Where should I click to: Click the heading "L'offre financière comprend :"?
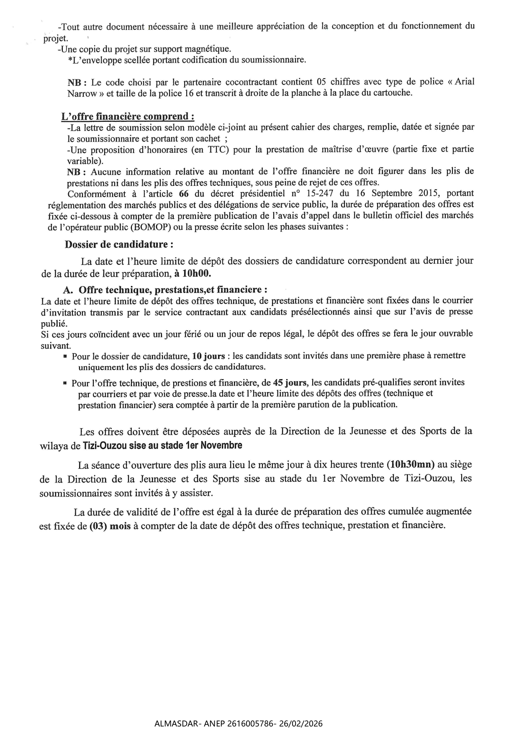click(x=128, y=116)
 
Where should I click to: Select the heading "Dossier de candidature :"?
click(x=119, y=244)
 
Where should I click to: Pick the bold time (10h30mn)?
click(x=411, y=464)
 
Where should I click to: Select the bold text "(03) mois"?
click(x=110, y=526)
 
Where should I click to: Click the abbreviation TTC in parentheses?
click(x=216, y=150)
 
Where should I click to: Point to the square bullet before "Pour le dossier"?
click(x=65, y=356)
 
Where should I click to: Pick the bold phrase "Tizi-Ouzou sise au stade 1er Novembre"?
click(x=162, y=445)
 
